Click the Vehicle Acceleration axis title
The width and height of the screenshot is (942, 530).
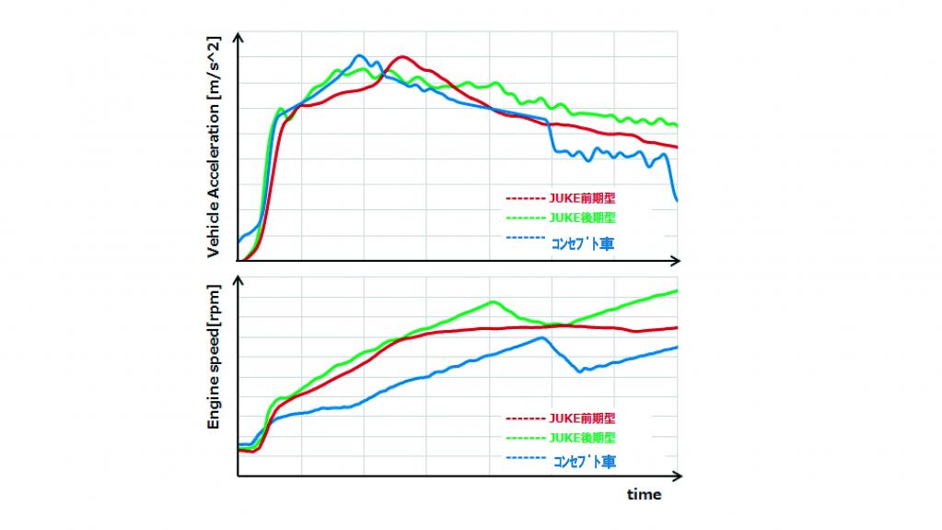214,147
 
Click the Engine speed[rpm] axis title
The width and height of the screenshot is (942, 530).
214,357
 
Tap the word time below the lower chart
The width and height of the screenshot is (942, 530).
644,494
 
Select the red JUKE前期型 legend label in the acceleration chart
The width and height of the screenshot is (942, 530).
582,198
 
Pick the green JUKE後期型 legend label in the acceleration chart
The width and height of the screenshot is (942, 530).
582,218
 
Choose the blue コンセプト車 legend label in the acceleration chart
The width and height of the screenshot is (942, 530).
582,243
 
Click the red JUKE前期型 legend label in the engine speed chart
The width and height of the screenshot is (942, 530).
582,418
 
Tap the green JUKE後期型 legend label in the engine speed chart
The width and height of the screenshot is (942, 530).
582,437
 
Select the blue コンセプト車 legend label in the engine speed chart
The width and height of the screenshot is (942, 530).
584,462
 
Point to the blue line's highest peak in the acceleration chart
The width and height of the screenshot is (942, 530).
359,55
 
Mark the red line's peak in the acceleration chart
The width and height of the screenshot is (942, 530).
401,57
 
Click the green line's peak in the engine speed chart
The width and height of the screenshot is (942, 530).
494,301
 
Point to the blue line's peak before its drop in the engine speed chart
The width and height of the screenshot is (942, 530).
541,337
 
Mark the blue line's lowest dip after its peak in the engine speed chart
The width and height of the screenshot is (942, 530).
580,371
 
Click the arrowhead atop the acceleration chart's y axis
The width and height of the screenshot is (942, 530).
238,37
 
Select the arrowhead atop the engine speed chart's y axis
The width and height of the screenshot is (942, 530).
238,281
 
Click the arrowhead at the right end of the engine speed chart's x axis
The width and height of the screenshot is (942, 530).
677,476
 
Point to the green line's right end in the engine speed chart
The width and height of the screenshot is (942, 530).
677,291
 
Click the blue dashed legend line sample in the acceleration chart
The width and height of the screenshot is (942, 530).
526,238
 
